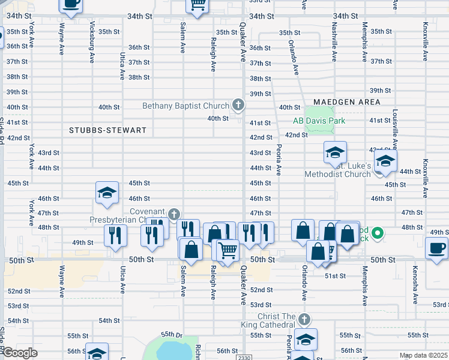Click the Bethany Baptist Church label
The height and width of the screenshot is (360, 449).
186,106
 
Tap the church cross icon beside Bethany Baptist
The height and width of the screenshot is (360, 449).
238,106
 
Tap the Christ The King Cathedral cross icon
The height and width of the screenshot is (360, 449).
304,319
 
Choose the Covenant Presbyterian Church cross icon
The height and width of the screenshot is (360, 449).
174,214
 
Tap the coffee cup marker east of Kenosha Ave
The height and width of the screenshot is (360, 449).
436,248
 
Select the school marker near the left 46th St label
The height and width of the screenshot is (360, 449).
107,193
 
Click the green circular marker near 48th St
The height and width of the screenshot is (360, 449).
378,232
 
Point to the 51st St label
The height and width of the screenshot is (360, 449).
335,276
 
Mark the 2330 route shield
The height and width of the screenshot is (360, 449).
244,358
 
